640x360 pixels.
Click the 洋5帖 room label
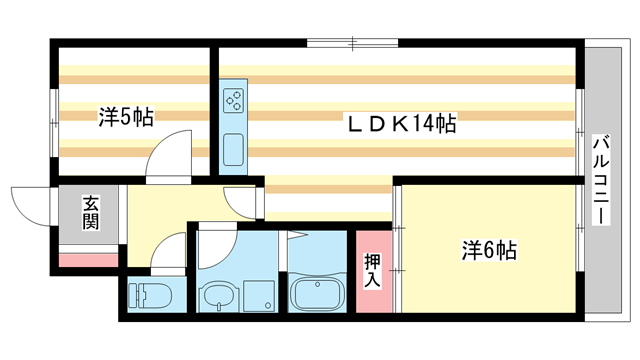tap(125, 117)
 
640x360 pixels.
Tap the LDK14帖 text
tap(401, 124)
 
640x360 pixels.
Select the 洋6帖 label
tap(488, 250)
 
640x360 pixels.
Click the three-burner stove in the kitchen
tap(234, 100)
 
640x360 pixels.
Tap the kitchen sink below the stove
tap(234, 150)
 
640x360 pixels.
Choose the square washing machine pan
tap(256, 294)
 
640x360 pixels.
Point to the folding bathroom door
tap(297, 236)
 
